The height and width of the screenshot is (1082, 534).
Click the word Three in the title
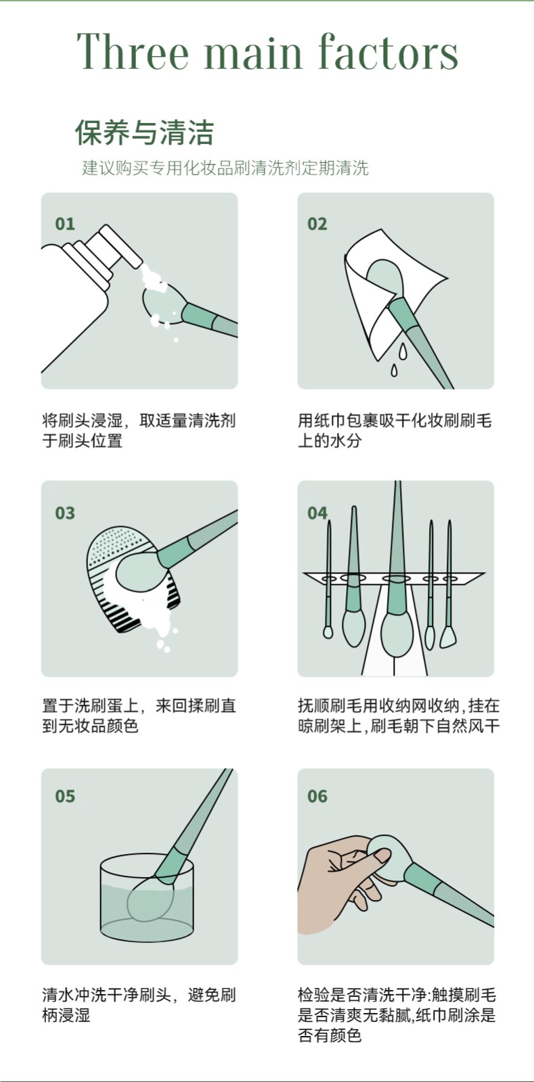[x=133, y=51]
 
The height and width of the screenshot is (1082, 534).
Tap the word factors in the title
[x=388, y=51]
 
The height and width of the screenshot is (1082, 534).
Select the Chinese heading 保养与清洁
[x=144, y=133]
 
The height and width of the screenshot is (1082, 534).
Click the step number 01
[x=65, y=224]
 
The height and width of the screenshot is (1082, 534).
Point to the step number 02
[x=317, y=224]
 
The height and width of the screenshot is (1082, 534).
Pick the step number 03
[x=65, y=513]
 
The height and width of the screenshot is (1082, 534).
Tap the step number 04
[x=317, y=513]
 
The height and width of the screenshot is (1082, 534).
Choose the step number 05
[x=65, y=795]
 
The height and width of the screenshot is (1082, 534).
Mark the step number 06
[x=317, y=795]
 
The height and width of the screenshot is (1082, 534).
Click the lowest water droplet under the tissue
[x=395, y=371]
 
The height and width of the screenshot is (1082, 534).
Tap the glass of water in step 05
[x=147, y=897]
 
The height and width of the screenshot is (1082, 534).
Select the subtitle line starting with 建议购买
[x=225, y=168]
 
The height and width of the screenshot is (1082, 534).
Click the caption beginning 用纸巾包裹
[x=395, y=430]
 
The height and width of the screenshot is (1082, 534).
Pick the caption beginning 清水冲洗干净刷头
[x=139, y=1006]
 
